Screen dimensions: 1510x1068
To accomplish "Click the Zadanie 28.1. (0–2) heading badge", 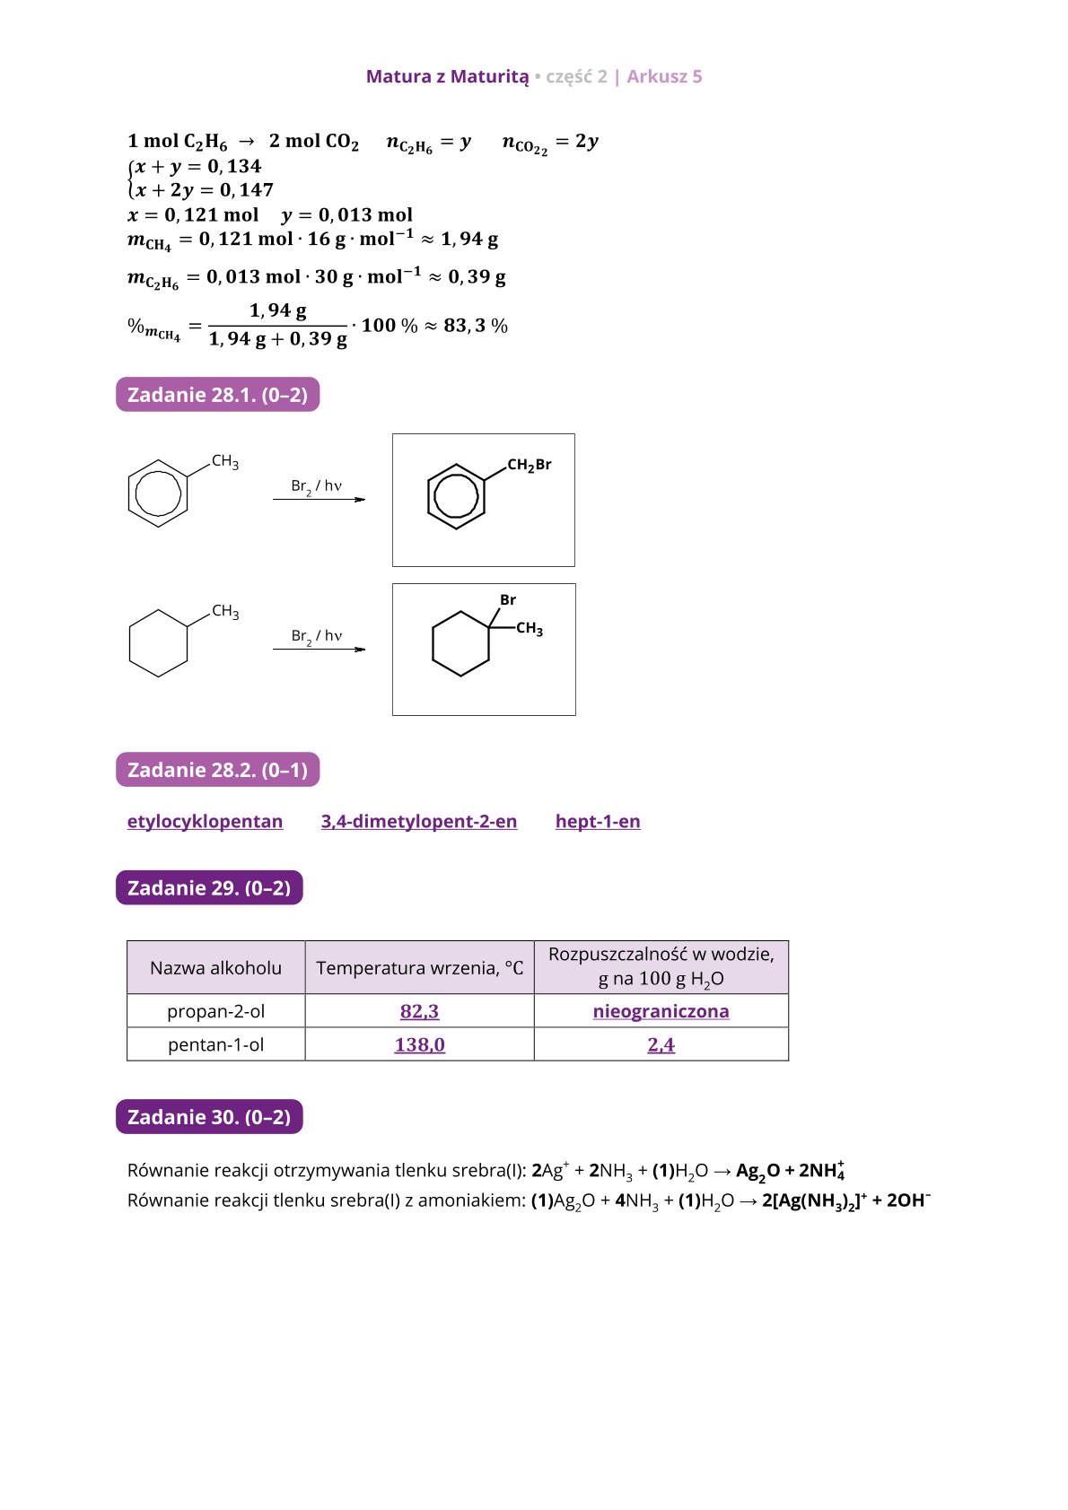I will (x=217, y=395).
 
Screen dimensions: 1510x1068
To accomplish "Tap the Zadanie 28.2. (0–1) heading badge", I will (x=217, y=770).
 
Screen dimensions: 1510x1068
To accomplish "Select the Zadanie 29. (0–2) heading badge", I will (x=209, y=888).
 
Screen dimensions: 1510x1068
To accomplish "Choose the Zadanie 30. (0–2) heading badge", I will (x=209, y=1117).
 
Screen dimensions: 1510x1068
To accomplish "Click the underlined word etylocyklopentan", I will (x=205, y=822).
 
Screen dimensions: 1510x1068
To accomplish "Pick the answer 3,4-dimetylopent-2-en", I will (x=419, y=822).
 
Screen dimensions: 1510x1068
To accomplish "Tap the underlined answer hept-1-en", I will (x=598, y=822).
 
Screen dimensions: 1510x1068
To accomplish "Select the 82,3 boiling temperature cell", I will (x=419, y=1011).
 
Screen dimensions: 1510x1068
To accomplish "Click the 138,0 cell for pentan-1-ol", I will (x=419, y=1044).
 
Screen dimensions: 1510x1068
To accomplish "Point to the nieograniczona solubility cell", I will (x=661, y=1011).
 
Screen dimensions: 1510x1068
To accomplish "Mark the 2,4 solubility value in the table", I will (x=661, y=1044).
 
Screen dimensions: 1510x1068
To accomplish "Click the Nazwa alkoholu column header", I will (x=215, y=968).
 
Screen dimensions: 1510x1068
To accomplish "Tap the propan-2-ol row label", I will (x=215, y=1011).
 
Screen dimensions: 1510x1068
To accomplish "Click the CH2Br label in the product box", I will (x=529, y=465).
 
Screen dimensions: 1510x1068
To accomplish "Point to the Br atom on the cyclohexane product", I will (x=508, y=600).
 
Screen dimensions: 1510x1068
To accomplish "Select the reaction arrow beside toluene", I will (x=319, y=499).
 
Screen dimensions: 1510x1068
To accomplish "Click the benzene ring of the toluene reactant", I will (x=158, y=493).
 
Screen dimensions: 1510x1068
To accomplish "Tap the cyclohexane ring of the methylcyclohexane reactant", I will (x=158, y=643).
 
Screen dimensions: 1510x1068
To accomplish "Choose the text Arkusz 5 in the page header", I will (x=664, y=76).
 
